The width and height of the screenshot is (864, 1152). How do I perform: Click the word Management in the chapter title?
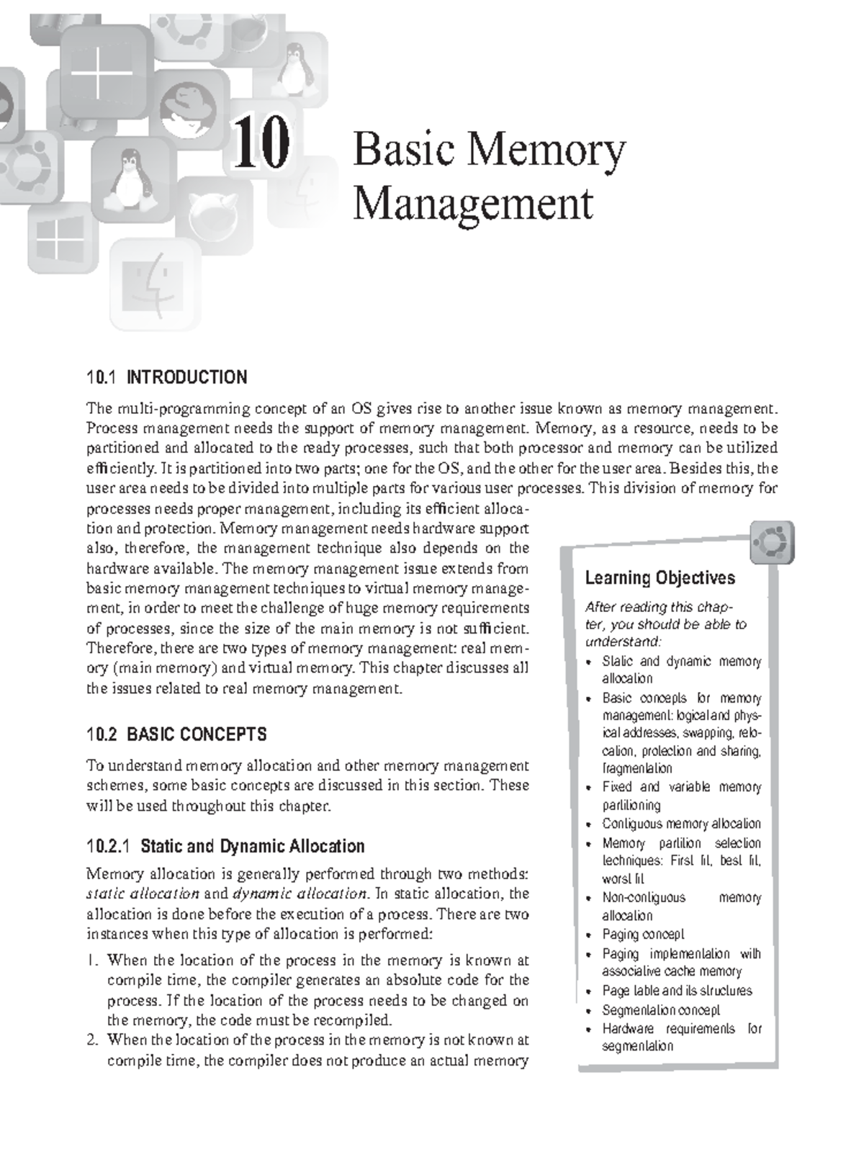(x=473, y=204)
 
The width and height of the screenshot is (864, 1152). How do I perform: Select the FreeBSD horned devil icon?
(x=214, y=212)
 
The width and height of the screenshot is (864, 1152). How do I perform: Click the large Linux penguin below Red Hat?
(x=131, y=176)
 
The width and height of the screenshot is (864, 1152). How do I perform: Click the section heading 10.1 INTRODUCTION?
(x=166, y=377)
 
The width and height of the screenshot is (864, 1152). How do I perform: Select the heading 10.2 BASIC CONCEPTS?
(x=176, y=734)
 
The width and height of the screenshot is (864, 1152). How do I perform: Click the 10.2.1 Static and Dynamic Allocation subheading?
(x=225, y=846)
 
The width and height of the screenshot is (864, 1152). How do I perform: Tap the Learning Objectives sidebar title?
(x=660, y=577)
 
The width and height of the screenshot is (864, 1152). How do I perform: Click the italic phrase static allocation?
(x=142, y=894)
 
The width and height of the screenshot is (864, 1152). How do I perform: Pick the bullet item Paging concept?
(x=643, y=935)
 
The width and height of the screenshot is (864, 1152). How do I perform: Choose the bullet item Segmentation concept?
(x=660, y=1010)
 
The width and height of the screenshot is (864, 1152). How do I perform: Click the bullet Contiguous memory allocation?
(x=681, y=824)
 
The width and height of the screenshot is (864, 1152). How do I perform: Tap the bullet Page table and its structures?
(x=677, y=991)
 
